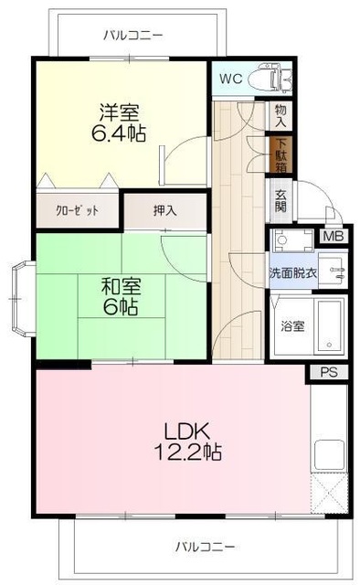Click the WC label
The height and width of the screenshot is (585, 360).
(x=230, y=78)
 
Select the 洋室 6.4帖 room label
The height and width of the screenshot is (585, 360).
(x=120, y=121)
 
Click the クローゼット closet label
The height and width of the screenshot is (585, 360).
(x=77, y=210)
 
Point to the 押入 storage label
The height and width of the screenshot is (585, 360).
(x=165, y=210)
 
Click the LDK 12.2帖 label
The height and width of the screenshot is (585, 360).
(x=192, y=440)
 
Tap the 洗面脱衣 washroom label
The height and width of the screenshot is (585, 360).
(x=292, y=272)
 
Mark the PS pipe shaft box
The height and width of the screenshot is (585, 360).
(x=328, y=372)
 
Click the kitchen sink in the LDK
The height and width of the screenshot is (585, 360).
(x=329, y=454)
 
